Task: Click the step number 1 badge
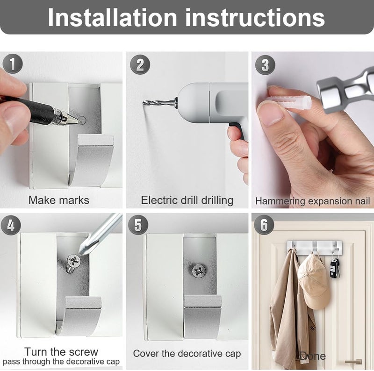pos(13,64)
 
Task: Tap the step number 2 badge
pos(140,64)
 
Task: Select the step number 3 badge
pos(265,64)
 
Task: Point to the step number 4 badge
pos(11,225)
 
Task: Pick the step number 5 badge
pos(138,225)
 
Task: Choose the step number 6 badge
pos(264,225)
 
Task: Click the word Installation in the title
pos(112,18)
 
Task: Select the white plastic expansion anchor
pos(289,103)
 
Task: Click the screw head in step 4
pos(74,261)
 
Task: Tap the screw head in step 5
pos(199,271)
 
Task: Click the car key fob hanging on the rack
pos(334,268)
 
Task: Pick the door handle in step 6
pos(353,362)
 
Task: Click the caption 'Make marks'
pos(59,200)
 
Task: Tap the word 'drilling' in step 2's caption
pos(217,200)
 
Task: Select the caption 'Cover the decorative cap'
pos(187,354)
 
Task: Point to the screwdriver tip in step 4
pos(81,252)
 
